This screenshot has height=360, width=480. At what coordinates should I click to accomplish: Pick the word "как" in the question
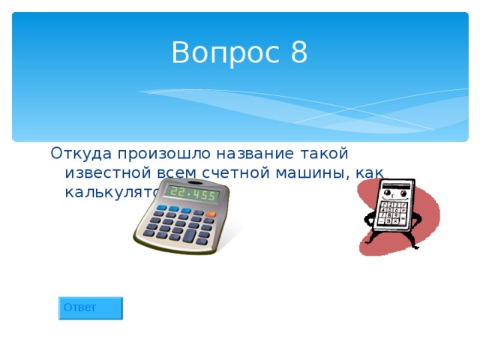tap(370, 173)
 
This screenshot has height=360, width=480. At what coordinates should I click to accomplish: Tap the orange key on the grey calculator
tap(211, 214)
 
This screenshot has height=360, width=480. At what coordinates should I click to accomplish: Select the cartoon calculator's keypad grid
tap(392, 213)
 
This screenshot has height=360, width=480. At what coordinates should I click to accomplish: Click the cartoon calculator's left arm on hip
tap(369, 217)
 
